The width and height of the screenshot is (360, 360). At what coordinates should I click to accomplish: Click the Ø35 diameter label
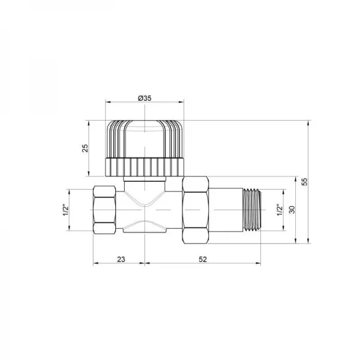tap(144, 98)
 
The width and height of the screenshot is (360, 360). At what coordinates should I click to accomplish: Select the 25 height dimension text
tap(86, 148)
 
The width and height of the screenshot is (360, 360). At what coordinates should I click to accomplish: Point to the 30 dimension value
tap(292, 210)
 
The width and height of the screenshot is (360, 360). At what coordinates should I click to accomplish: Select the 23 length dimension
tap(120, 259)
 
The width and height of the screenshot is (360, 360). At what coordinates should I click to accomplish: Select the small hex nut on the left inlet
tap(106, 210)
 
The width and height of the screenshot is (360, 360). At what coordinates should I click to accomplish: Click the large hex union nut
tap(195, 210)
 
